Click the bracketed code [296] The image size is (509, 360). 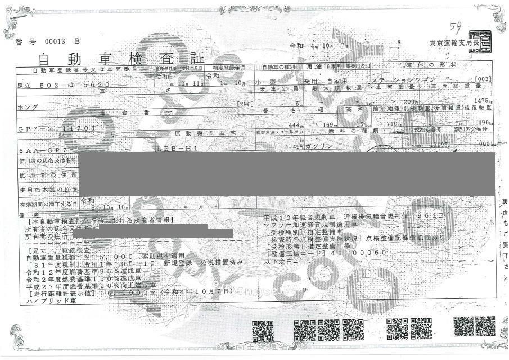pyautogui.click(x=245, y=104)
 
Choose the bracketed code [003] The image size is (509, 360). pyautogui.click(x=484, y=78)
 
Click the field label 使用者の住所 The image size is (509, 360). pyautogui.click(x=47, y=175)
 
